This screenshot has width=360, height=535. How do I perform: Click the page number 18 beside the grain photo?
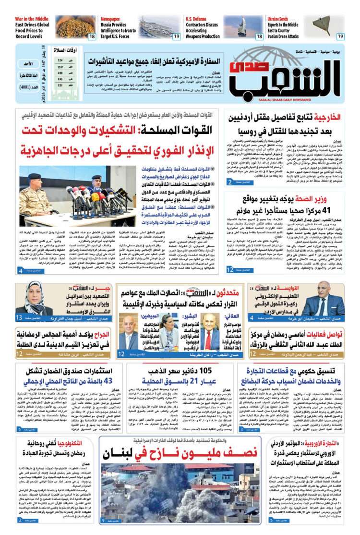click(91, 36)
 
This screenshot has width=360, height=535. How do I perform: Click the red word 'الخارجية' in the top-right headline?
click(327, 117)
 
